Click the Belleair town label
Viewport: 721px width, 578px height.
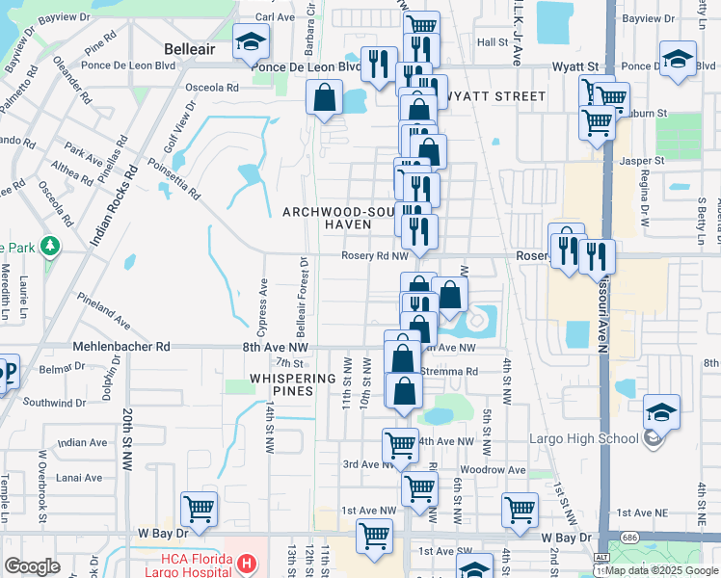(x=193, y=47)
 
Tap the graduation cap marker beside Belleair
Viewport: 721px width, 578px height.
(x=251, y=43)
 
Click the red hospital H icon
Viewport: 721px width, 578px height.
(x=247, y=563)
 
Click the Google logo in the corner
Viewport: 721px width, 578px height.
(x=32, y=566)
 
